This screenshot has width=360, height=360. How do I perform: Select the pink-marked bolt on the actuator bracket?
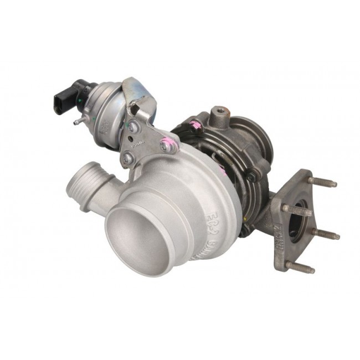(164, 145)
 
